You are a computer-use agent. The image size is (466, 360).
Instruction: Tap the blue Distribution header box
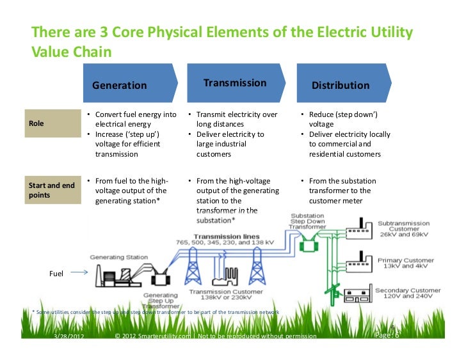(x=340, y=84)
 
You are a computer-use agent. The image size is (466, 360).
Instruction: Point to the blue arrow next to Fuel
(x=78, y=273)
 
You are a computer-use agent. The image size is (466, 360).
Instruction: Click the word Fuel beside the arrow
(x=56, y=274)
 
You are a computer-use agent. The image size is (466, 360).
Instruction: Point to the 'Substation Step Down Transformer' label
(x=307, y=221)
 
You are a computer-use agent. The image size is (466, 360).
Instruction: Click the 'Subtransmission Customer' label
(x=404, y=228)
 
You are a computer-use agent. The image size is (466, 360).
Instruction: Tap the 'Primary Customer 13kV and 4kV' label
(x=406, y=264)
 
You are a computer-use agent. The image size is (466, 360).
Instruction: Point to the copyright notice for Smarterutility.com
(x=214, y=336)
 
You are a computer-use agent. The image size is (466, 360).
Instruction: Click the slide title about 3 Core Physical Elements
(x=222, y=41)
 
